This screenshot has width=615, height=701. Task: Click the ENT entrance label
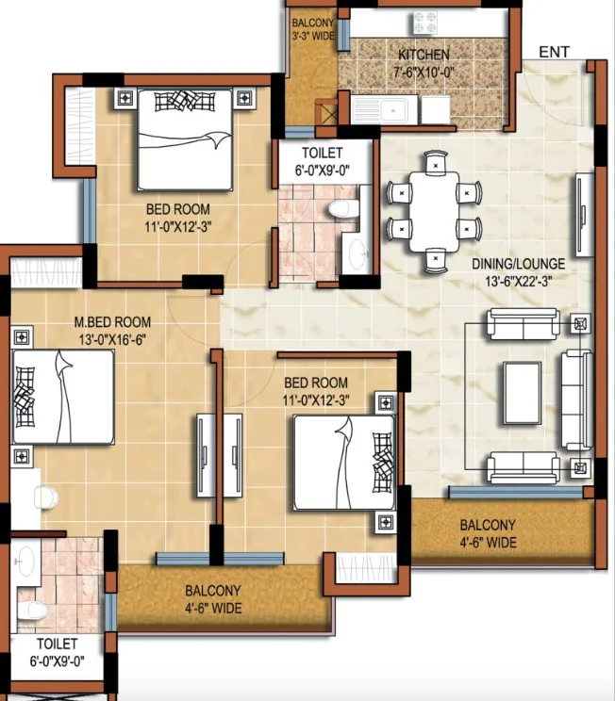(554, 52)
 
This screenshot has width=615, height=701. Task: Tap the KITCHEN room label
(424, 55)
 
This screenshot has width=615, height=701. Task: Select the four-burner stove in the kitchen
(424, 23)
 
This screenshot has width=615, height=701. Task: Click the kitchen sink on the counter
(380, 110)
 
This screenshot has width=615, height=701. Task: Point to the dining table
(434, 211)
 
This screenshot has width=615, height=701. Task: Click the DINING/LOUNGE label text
(519, 264)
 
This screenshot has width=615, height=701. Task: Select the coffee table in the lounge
(523, 393)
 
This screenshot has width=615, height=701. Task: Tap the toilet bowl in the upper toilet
(343, 209)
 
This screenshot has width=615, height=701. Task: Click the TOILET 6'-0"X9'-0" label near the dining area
(322, 161)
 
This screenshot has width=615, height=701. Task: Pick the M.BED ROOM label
(112, 322)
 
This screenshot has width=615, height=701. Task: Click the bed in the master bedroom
(63, 397)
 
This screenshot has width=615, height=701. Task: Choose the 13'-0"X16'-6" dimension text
(112, 340)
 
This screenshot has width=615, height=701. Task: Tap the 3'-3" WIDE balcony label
(313, 36)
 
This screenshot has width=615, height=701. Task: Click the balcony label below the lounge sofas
(488, 534)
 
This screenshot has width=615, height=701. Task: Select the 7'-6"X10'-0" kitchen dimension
(424, 72)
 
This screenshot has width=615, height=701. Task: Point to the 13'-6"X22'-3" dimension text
(519, 282)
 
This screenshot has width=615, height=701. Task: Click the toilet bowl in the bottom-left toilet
(32, 610)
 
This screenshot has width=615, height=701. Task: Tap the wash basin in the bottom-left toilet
(26, 561)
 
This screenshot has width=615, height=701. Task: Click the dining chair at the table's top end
(436, 162)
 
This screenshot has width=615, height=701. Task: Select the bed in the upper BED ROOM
(185, 140)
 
